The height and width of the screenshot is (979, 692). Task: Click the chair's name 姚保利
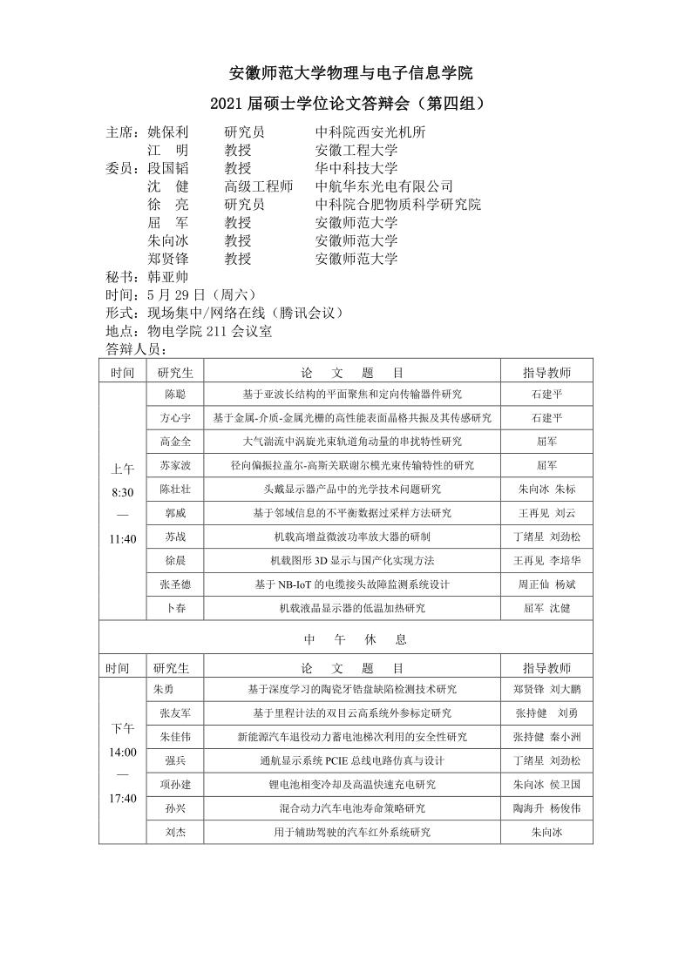pos(168,132)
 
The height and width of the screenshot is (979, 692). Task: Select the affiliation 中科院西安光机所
pos(370,132)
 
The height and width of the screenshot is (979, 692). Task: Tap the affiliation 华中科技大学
pos(356,168)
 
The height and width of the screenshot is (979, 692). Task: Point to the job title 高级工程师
pos(258,186)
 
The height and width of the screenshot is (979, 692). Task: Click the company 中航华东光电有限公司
pos(384,186)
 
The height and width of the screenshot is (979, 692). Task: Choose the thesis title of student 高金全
pos(352,442)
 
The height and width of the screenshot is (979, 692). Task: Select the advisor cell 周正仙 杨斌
pos(546,584)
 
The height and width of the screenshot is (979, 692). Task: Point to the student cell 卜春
pos(175,608)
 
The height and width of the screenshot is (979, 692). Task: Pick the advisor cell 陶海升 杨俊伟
pos(546,808)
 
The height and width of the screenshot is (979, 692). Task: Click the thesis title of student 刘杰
pos(352,832)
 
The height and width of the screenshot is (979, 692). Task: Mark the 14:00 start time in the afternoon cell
pos(123,752)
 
